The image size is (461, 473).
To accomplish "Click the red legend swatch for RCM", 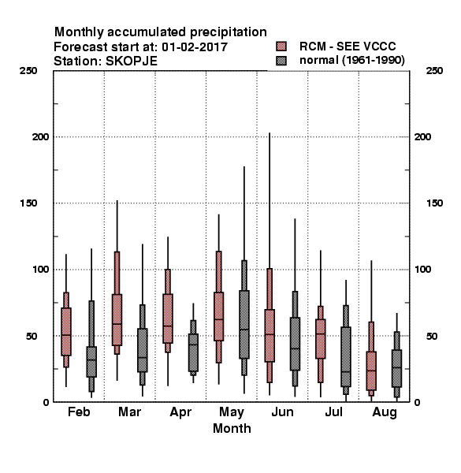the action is pyautogui.click(x=281, y=47).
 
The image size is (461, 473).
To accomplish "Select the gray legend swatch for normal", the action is pyautogui.click(x=281, y=61).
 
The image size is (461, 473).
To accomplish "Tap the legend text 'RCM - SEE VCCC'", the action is pyautogui.click(x=348, y=47).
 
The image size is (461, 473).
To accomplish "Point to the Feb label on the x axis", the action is pyautogui.click(x=79, y=412).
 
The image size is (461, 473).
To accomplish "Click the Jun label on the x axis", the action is pyautogui.click(x=282, y=412).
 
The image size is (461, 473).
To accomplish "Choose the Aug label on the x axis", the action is pyautogui.click(x=385, y=412).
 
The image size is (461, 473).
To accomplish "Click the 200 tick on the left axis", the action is pyautogui.click(x=40, y=137).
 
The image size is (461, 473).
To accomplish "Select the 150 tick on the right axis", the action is pyautogui.click(x=434, y=203).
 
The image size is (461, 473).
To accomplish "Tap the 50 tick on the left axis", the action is pyautogui.click(x=32, y=336).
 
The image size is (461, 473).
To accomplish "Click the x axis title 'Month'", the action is pyautogui.click(x=232, y=428).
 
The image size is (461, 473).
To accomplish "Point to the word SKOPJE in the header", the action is pyautogui.click(x=132, y=61).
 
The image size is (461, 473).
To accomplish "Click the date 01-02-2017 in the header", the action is pyautogui.click(x=195, y=47).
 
